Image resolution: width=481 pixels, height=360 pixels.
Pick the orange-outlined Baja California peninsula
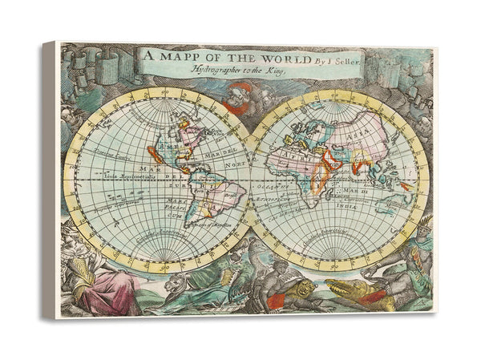(x=156, y=154)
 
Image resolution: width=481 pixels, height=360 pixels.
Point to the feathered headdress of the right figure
(x=423, y=222)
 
